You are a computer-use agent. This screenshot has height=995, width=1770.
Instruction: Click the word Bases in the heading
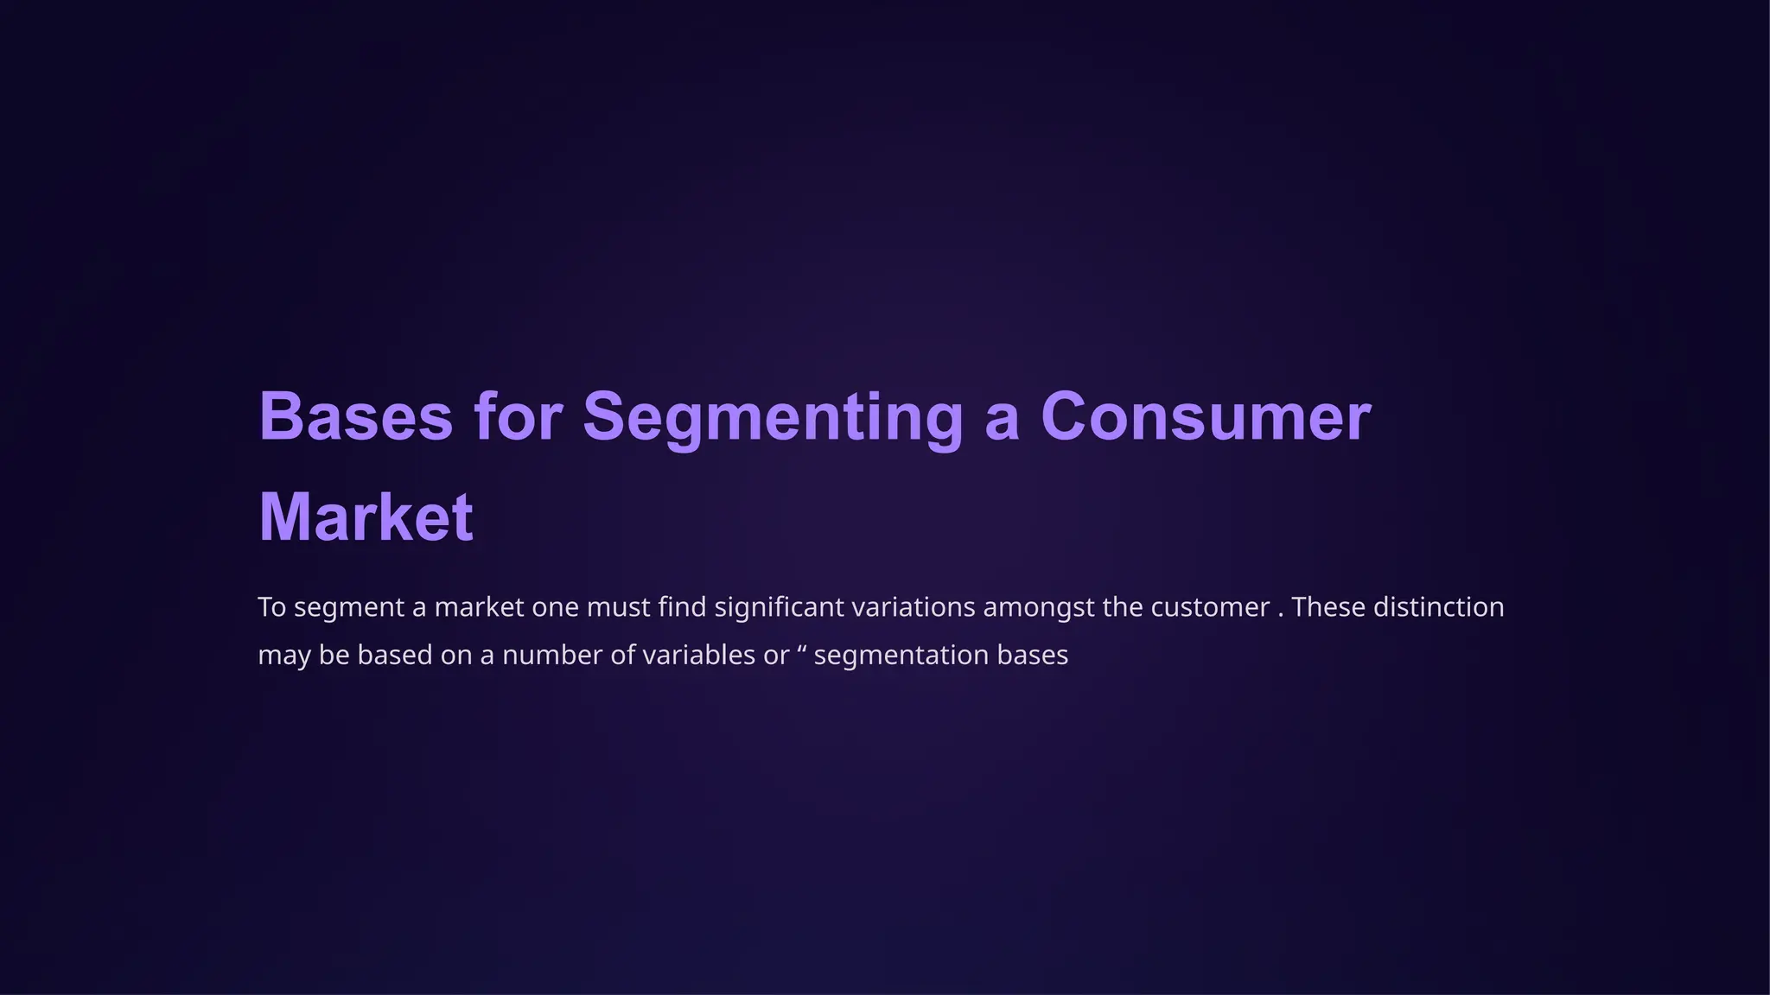[356, 417]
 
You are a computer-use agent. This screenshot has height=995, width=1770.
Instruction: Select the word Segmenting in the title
[773, 417]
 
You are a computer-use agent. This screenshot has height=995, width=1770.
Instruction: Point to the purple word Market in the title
[366, 517]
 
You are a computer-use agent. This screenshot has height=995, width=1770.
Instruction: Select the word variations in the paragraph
[914, 607]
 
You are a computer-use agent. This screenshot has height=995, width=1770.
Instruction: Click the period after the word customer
[1280, 613]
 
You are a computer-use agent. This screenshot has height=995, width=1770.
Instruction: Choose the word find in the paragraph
[682, 607]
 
